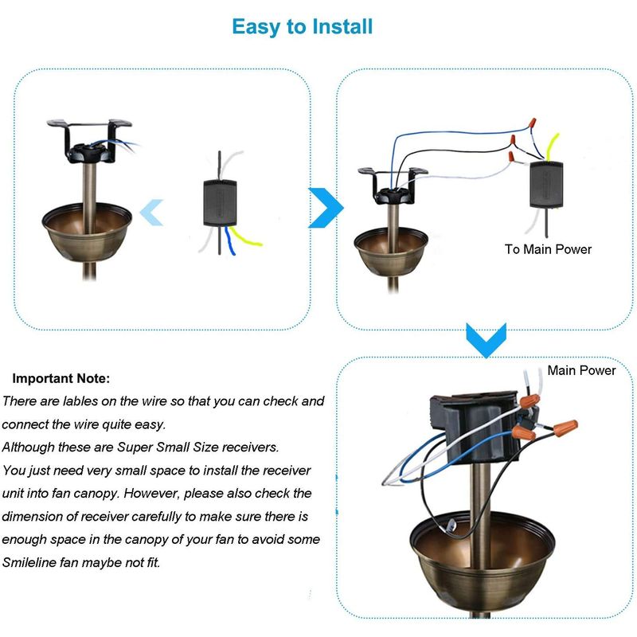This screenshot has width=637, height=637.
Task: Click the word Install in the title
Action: [x=342, y=27]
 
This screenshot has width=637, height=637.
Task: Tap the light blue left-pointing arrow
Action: [x=151, y=213]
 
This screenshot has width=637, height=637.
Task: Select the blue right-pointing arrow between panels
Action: [x=326, y=208]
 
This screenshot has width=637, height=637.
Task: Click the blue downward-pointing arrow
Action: [x=487, y=341]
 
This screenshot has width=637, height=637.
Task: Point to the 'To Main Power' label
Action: [x=548, y=249]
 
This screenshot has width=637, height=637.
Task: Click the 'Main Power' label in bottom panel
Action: [x=581, y=370]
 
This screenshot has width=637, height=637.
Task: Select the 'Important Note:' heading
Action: [x=61, y=379]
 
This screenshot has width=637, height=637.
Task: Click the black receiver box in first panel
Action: [x=220, y=203]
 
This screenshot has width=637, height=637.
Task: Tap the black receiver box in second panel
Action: [x=546, y=185]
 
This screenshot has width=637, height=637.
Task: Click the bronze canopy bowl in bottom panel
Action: [x=483, y=561]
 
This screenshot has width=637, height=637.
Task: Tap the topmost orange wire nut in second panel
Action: [x=531, y=123]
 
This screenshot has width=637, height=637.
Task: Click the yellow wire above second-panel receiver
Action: [x=552, y=147]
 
